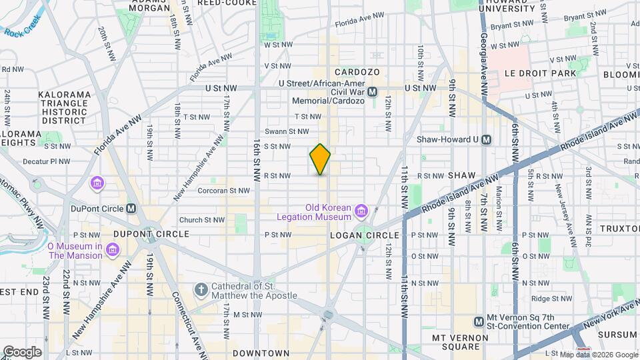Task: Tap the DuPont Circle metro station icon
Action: pyautogui.click(x=131, y=208)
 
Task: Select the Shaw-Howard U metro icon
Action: pyautogui.click(x=486, y=139)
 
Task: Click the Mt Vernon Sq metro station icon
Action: pyautogui.click(x=479, y=322)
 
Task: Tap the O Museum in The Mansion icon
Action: pyautogui.click(x=113, y=250)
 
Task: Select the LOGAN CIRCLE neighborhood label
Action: pyautogui.click(x=365, y=235)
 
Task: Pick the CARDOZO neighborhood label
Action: pyautogui.click(x=357, y=71)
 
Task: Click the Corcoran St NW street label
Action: pyautogui.click(x=223, y=190)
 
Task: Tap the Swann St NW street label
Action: pyautogui.click(x=287, y=131)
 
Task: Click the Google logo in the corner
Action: pyautogui.click(x=22, y=351)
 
